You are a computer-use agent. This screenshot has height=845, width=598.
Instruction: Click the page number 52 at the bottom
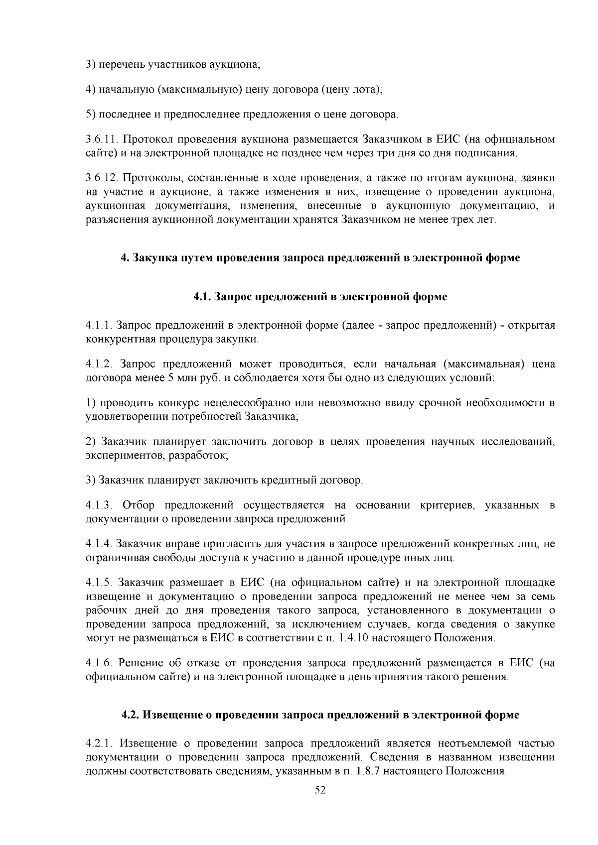(320, 790)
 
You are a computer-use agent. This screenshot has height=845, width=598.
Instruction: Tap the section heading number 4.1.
(202, 297)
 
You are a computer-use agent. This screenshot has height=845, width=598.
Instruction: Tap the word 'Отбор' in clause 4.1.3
(139, 505)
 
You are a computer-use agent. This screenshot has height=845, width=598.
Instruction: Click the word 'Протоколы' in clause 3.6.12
(145, 178)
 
